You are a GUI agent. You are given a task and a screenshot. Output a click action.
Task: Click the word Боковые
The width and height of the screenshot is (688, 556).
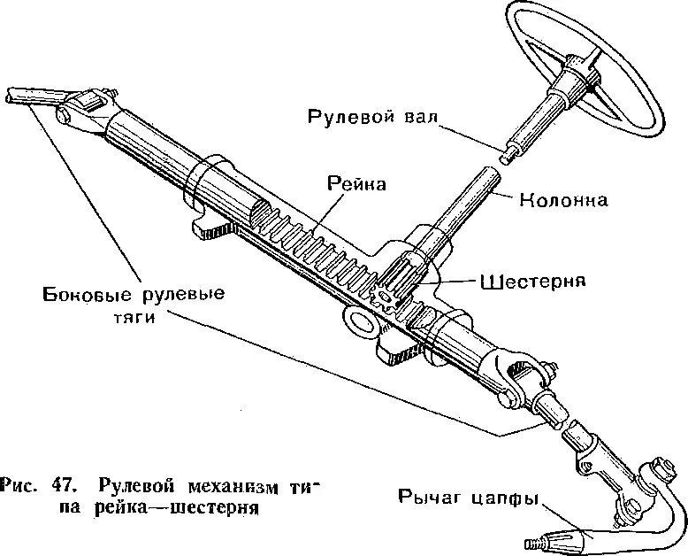click(83, 293)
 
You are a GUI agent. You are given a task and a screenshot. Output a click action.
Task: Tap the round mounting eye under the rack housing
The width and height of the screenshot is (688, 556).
click(360, 321)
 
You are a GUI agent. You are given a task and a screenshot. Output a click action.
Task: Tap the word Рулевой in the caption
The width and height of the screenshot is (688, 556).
click(133, 486)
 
